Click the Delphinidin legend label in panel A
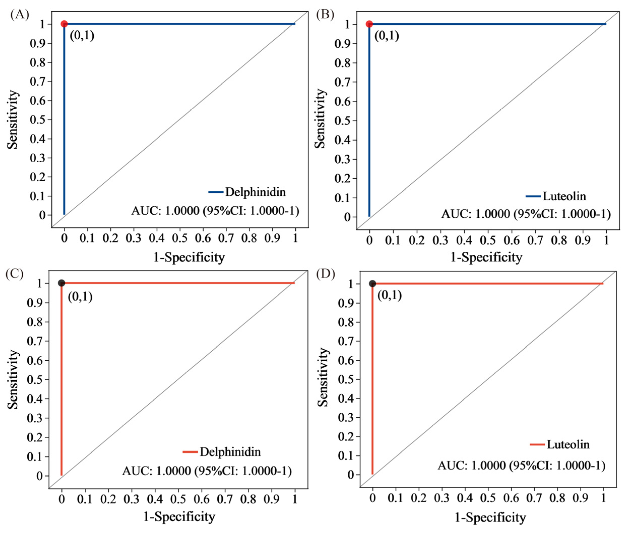255,192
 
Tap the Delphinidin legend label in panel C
230,452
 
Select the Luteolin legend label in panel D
568,444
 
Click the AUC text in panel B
526,214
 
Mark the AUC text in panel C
207,471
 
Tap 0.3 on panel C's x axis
132,499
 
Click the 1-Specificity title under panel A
189,257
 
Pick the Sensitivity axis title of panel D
323,377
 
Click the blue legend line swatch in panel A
216,192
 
